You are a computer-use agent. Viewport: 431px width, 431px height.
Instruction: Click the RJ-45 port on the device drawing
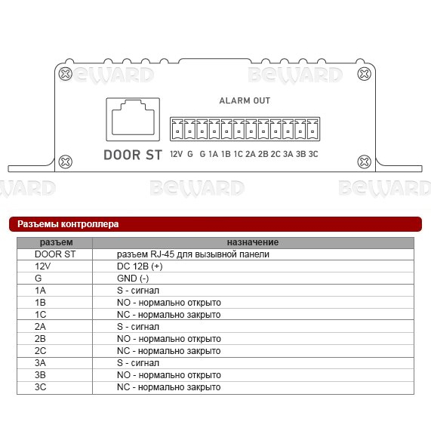133,119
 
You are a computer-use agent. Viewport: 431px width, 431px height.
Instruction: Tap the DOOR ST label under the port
133,155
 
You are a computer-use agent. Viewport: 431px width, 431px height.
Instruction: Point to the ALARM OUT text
245,101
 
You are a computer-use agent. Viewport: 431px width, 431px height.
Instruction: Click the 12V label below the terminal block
176,154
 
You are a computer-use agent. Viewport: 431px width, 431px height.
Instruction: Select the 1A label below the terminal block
213,154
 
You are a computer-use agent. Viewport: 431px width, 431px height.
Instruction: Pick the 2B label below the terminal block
263,154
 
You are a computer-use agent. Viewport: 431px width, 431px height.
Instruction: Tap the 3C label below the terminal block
313,154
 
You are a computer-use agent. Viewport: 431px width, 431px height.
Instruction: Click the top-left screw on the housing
66,74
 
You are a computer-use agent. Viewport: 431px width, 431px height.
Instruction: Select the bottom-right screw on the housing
365,162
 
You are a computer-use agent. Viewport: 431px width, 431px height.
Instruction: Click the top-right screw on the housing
365,74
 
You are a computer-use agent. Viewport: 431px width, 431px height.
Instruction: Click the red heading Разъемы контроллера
68,224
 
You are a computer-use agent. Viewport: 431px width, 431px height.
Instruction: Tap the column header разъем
57,242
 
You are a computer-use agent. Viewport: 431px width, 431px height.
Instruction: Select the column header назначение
253,242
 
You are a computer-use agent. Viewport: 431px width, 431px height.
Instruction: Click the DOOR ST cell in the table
55,254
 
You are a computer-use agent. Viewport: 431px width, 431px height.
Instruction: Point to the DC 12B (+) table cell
140,266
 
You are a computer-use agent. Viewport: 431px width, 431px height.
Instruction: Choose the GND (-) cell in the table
133,279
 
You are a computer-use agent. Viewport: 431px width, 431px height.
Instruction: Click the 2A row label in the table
40,327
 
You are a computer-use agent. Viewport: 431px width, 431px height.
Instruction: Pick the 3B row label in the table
40,375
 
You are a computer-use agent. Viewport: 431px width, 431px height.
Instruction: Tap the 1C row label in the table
41,315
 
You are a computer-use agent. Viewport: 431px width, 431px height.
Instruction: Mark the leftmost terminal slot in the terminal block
177,129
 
